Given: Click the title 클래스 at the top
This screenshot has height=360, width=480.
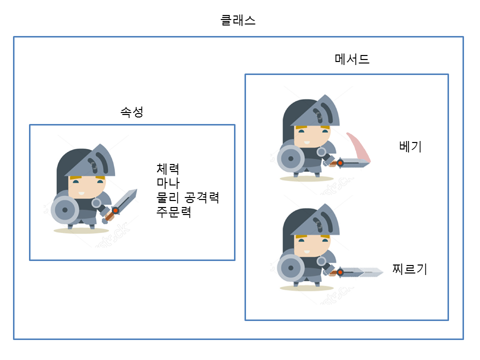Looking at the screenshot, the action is [238, 20].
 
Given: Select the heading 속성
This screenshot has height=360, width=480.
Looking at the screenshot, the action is [132, 111].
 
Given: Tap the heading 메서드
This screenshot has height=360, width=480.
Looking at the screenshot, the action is [352, 59].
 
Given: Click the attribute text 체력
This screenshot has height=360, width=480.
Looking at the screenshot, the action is [168, 168].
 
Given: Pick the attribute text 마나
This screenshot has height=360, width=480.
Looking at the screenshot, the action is [168, 183].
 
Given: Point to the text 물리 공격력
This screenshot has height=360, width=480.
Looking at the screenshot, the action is [187, 197].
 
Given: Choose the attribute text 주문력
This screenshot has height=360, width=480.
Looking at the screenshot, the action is [174, 211].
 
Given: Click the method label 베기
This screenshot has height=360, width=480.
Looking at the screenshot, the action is [410, 146].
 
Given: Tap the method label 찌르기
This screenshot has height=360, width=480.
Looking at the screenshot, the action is [409, 269].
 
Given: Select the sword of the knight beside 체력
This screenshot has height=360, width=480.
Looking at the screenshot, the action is [120, 205].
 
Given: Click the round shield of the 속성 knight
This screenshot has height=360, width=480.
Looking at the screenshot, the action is [65, 210].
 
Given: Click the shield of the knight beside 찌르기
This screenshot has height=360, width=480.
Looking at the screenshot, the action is [291, 268].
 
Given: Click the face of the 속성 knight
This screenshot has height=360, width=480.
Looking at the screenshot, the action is [86, 187].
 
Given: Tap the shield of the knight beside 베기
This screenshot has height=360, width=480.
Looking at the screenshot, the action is [291, 158].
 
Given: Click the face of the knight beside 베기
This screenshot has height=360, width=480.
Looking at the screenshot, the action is [312, 136].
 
